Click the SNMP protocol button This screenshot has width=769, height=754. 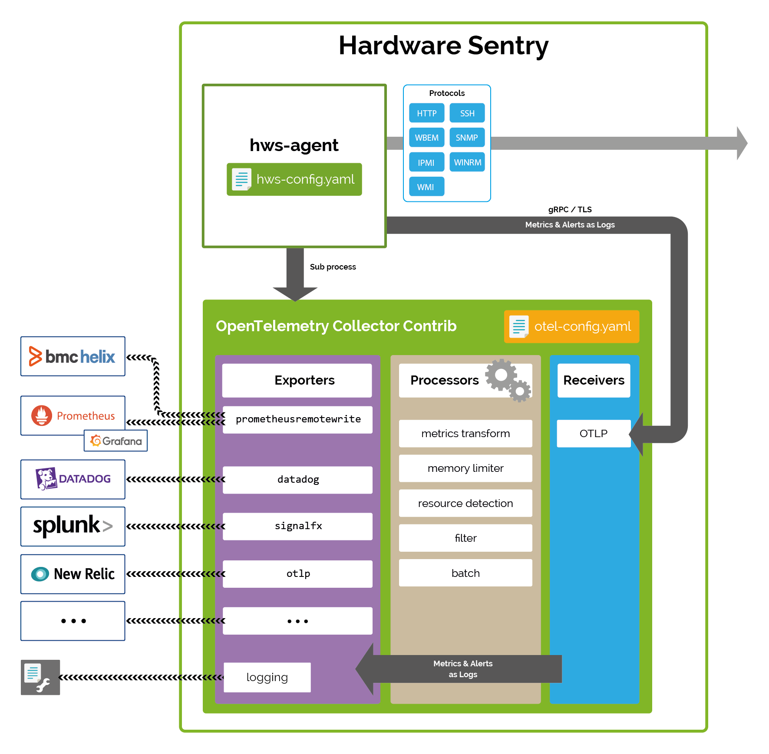coord(467,138)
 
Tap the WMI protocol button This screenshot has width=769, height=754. coord(426,187)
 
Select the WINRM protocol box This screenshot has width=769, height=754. coord(467,162)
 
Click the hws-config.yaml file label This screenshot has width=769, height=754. coord(294,179)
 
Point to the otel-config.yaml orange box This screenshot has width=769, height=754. coord(571,326)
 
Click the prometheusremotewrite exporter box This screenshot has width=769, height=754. coord(298,419)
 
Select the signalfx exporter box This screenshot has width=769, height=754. coord(298,526)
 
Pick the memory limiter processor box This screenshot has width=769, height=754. coord(465,468)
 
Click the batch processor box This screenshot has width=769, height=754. coord(465,573)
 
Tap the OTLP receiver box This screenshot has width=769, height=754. coord(593,433)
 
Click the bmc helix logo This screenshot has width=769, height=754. coord(73,356)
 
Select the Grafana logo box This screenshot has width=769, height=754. coord(116,441)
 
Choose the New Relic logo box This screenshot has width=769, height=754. coord(73,574)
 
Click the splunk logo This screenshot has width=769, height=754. coord(73,526)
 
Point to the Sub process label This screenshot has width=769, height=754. coord(333,267)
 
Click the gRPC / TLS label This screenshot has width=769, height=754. coord(570,210)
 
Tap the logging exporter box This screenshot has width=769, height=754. coord(267,677)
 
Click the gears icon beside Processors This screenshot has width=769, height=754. coord(507,380)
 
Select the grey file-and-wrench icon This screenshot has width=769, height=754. coord(40,677)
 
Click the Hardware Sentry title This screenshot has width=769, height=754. coord(443,46)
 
